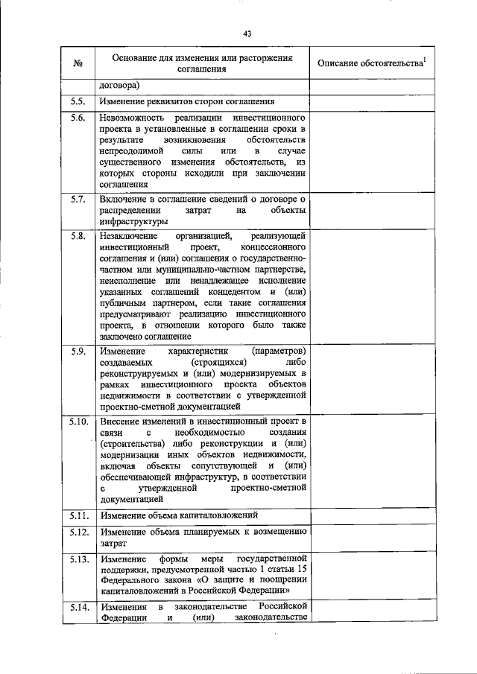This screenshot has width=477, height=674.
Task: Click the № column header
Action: [78, 63]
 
